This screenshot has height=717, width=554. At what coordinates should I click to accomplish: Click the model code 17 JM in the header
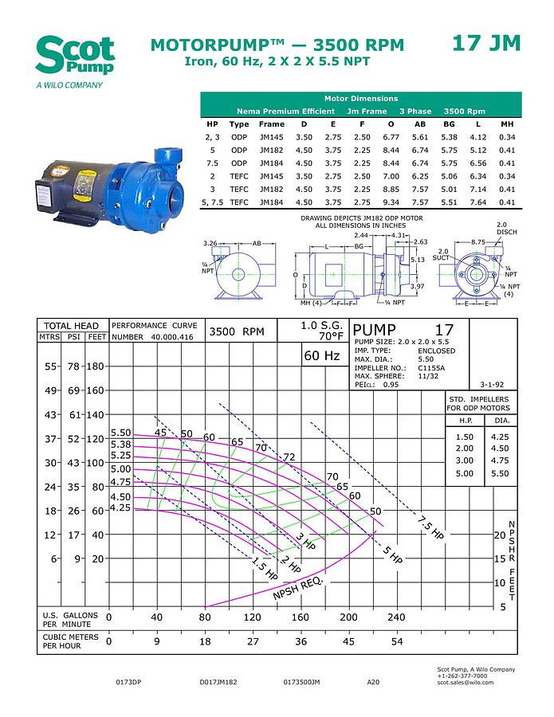pos(486,43)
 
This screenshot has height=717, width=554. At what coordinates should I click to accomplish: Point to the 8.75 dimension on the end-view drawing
pos(477,241)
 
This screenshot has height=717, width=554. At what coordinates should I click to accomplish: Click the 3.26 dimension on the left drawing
pos(210,243)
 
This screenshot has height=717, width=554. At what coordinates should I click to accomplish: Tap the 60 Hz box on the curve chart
pos(321,355)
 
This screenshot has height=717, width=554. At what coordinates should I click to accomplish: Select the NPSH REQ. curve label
pos(297,589)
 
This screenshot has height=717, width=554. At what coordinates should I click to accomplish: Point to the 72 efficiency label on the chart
pos(289,456)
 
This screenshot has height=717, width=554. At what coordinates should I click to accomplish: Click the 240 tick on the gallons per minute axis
pos(396,617)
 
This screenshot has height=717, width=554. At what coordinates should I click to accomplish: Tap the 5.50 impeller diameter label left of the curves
pos(120,432)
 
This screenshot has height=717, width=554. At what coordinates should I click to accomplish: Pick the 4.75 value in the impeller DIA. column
pos(500,460)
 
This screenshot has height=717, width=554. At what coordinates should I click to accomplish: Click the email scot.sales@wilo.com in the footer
pos(466,682)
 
